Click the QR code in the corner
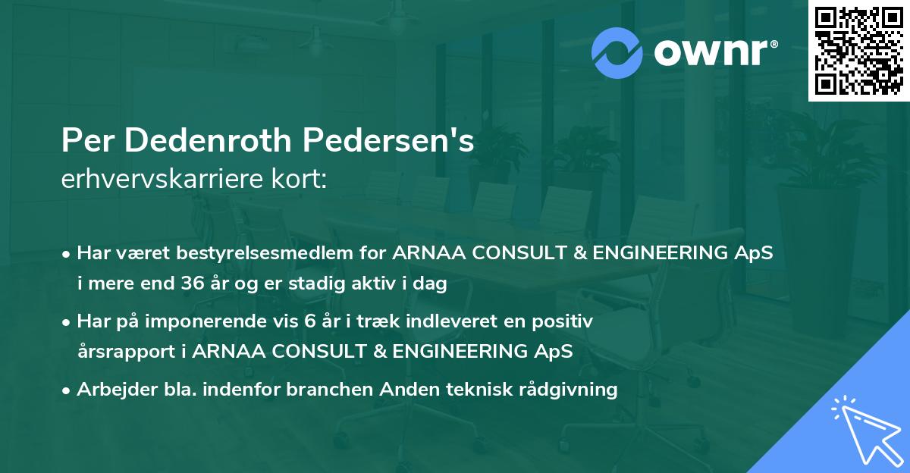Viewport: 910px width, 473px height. [858, 50]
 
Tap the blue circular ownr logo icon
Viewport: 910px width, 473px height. [617, 52]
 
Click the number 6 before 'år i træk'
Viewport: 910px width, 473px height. [309, 321]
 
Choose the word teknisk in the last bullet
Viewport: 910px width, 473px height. [475, 390]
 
